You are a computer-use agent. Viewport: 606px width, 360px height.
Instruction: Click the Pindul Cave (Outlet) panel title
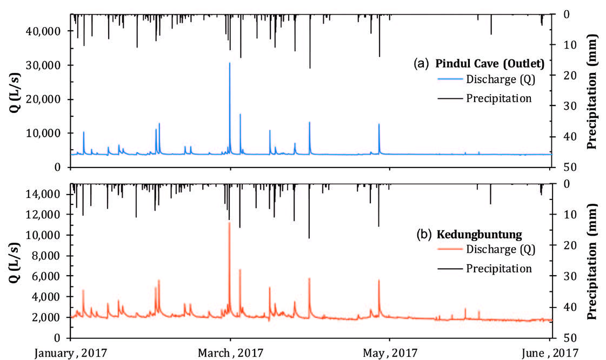click(490, 64)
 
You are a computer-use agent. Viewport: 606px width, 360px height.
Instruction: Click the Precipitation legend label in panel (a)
click(498, 98)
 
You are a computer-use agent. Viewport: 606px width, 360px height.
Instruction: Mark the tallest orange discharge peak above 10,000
click(229, 223)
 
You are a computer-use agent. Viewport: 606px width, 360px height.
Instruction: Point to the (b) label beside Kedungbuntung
click(423, 235)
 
